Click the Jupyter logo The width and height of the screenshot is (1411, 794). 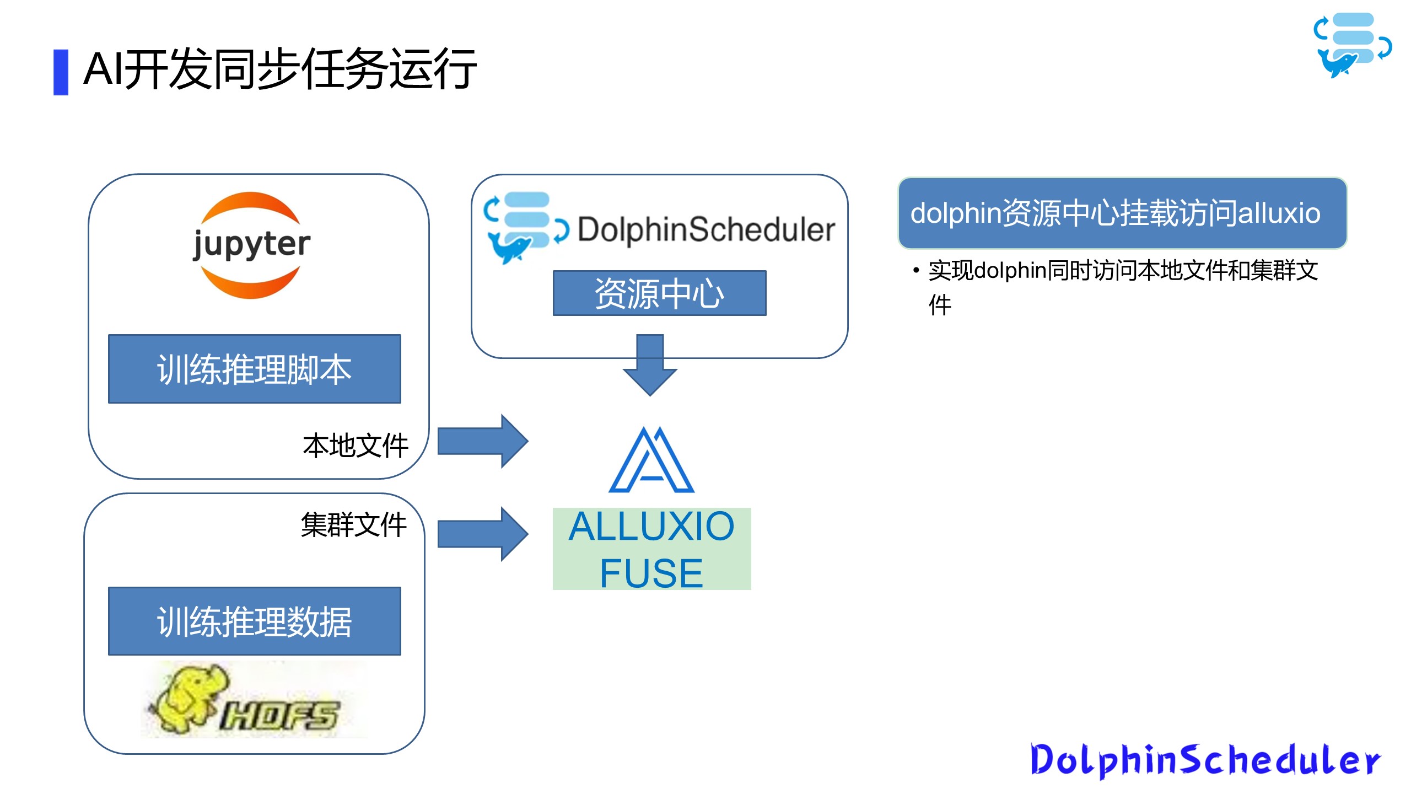251,245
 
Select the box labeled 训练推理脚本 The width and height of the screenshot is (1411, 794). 254,369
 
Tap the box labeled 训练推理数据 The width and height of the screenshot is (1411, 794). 254,621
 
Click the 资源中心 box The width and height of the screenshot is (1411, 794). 659,293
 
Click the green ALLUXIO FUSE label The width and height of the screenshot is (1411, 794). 651,549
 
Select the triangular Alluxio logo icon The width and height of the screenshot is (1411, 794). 651,461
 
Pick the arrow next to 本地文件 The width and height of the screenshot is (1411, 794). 483,441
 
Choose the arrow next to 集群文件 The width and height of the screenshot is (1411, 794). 483,534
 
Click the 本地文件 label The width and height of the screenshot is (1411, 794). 356,446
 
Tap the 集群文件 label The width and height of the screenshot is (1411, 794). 354,524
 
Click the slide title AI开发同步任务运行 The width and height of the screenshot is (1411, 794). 280,69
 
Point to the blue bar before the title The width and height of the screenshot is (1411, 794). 61,72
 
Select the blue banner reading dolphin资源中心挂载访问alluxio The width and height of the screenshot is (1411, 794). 1122,213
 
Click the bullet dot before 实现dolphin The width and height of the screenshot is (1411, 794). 916,271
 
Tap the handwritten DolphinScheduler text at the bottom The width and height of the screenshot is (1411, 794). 1205,760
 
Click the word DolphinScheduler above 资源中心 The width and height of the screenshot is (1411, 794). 706,229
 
